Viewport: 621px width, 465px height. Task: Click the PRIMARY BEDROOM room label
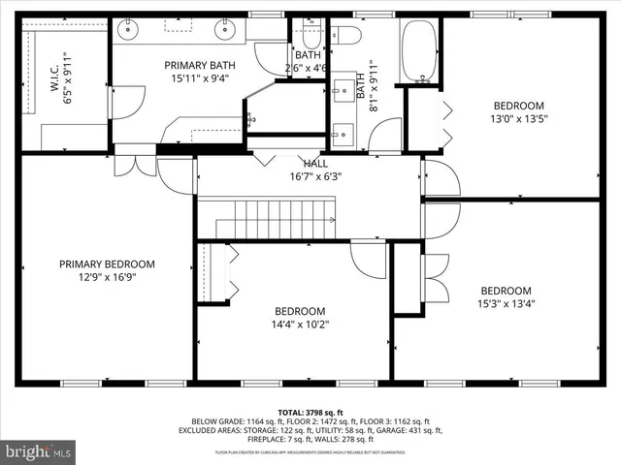pyautogui.click(x=107, y=263)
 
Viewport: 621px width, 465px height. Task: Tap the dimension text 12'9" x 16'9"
pyautogui.click(x=107, y=277)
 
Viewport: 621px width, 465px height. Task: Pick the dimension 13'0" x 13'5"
pyautogui.click(x=518, y=120)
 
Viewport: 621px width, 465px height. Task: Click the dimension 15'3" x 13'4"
pyautogui.click(x=506, y=304)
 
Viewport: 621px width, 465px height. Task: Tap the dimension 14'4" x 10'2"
pyautogui.click(x=299, y=325)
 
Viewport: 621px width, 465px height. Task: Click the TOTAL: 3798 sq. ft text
pyautogui.click(x=310, y=413)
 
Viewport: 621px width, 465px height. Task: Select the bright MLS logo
pyautogui.click(x=39, y=451)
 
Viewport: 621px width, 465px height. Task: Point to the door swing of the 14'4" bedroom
pyautogui.click(x=369, y=257)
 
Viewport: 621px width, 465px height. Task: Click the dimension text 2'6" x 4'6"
pyautogui.click(x=305, y=69)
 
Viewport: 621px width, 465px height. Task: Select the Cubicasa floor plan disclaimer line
pyautogui.click(x=310, y=452)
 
